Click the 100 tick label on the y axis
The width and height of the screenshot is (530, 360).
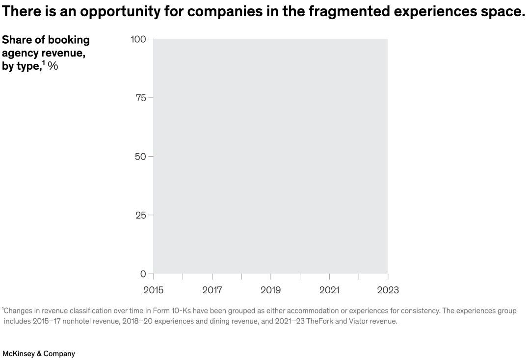(138, 39)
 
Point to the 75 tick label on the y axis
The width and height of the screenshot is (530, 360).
(140, 98)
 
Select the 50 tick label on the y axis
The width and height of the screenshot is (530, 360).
(140, 157)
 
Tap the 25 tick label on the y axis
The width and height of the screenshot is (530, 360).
(140, 215)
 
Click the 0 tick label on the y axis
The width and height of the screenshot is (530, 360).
(143, 274)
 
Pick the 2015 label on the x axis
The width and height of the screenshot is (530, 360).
(153, 290)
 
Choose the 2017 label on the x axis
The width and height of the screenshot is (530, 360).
(212, 290)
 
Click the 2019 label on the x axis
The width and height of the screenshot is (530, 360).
(270, 290)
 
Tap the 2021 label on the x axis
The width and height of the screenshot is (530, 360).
(329, 290)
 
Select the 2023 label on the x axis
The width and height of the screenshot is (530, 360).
(388, 290)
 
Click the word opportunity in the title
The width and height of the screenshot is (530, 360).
(120, 12)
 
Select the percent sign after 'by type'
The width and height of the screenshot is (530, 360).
(53, 66)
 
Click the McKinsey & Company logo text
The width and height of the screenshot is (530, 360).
(39, 354)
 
